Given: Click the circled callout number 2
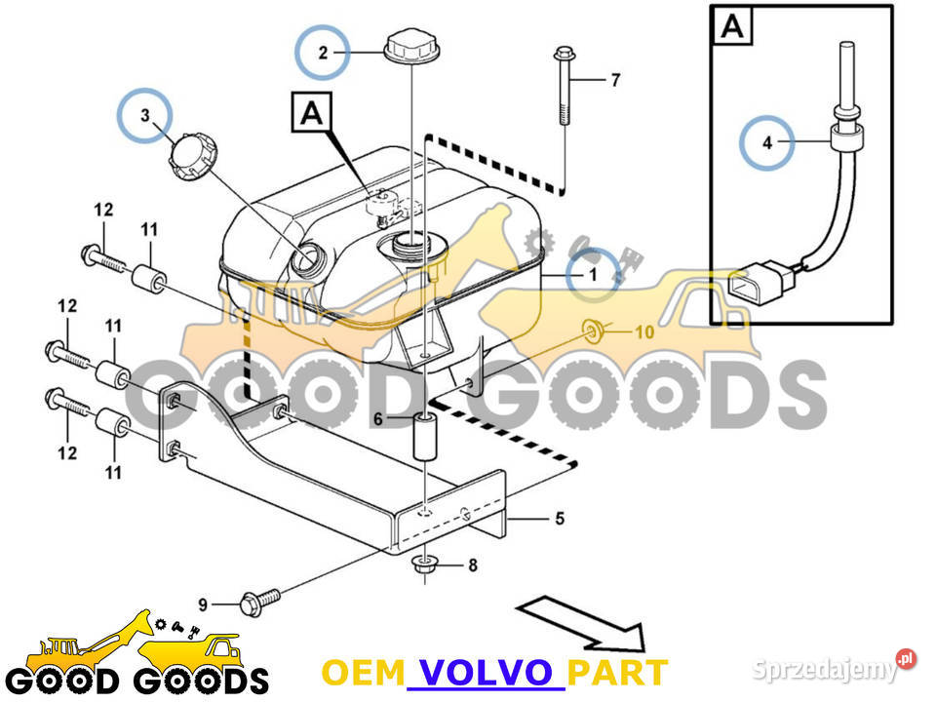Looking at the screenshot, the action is [x=323, y=53].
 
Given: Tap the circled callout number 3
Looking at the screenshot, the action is [x=145, y=115].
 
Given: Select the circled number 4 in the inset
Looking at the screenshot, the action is [x=766, y=143].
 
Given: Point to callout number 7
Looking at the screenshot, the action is [x=614, y=81].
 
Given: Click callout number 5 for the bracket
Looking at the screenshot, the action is [x=559, y=519].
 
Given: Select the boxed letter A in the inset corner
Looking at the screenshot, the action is [x=733, y=27].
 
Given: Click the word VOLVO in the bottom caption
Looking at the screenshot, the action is [x=484, y=672].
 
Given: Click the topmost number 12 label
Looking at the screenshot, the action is [x=103, y=210].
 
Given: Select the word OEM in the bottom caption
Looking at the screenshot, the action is [x=363, y=672].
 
